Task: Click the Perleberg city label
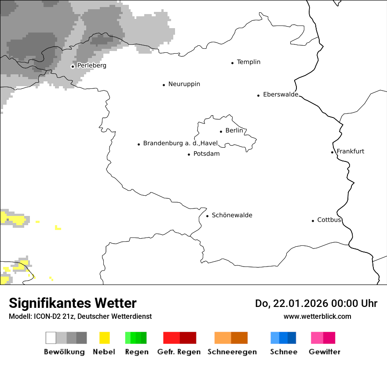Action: pos(91,66)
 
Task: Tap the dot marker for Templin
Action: pos(232,63)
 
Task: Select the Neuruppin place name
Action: pos(184,84)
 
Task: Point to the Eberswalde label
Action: pos(281,95)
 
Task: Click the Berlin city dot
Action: pos(221,131)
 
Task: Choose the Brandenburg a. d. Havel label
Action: pos(180,143)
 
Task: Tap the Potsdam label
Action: pos(206,154)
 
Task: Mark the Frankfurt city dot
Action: pos(332,152)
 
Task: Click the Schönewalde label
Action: pos(232,215)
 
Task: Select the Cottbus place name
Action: pos(329,220)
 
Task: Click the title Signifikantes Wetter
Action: pos(73,303)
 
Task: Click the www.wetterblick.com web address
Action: pos(317,316)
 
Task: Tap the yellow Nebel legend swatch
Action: pos(104,338)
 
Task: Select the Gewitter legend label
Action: pos(325,352)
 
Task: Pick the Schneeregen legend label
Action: pos(232,352)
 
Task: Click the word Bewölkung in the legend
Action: pos(64,352)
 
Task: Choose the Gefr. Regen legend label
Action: pos(179,352)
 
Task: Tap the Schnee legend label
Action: pos(284,352)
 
